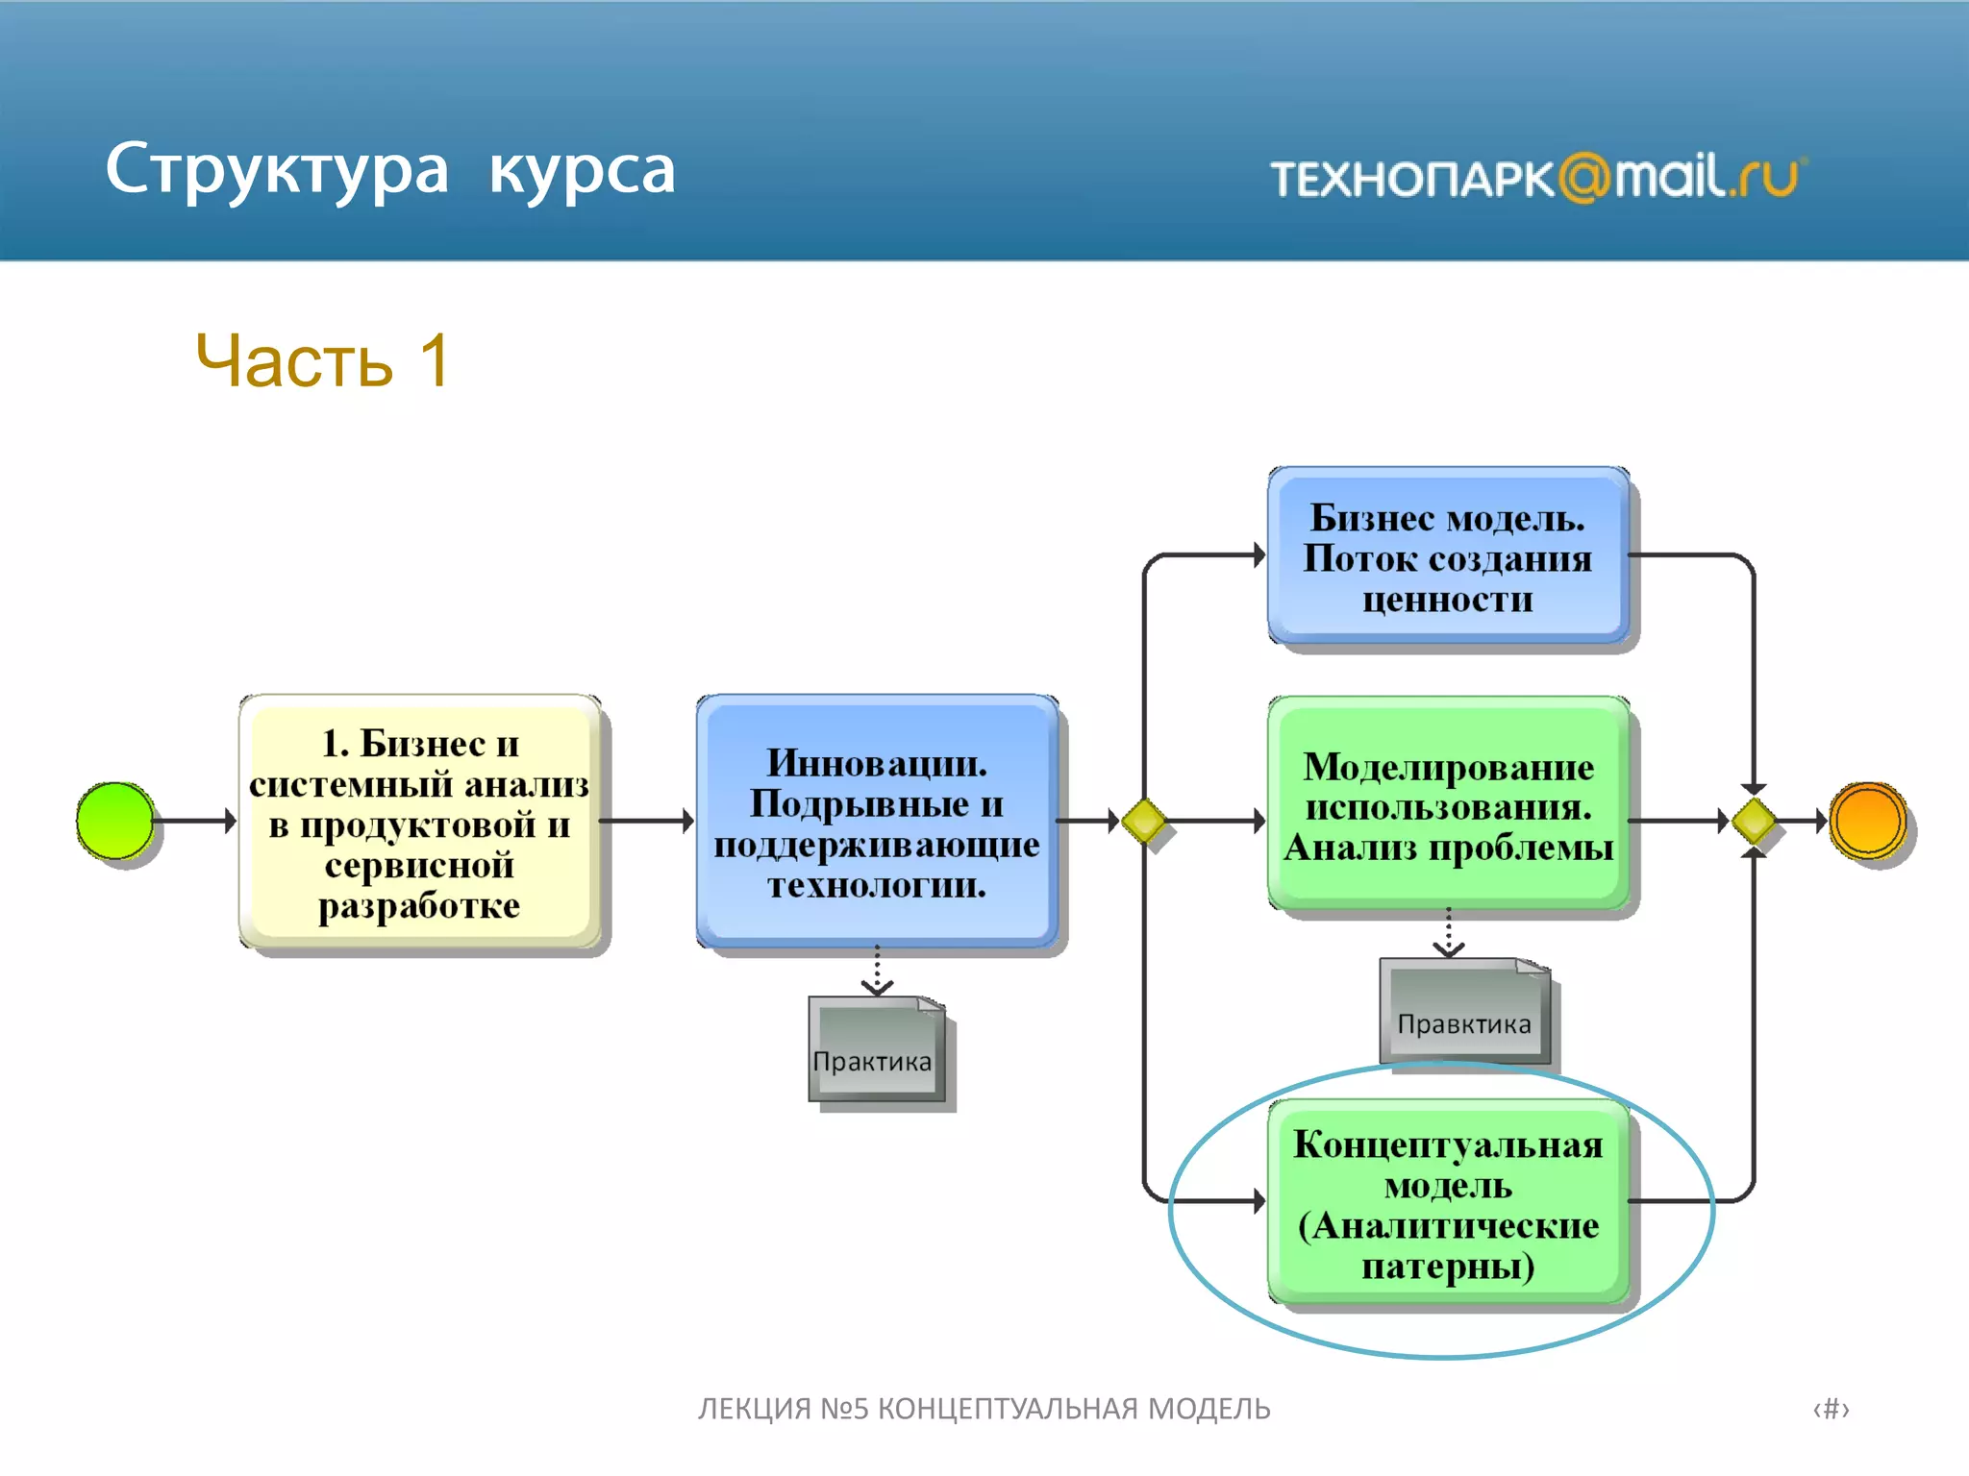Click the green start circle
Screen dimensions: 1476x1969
(x=115, y=821)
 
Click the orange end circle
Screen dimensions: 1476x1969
(x=1868, y=821)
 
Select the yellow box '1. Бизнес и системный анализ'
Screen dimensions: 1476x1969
(x=420, y=823)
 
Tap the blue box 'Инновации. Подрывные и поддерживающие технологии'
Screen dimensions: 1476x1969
(x=877, y=823)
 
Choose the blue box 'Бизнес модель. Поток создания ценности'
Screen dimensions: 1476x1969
(x=1448, y=556)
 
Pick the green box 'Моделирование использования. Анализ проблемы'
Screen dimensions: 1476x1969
(x=1448, y=805)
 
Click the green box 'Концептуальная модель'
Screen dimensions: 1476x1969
(x=1448, y=1203)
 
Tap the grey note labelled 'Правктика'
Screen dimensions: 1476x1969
(x=1464, y=1013)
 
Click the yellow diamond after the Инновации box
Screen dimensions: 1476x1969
(x=1144, y=822)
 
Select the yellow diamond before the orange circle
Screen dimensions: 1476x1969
(x=1754, y=822)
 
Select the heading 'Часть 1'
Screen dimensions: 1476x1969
(x=323, y=361)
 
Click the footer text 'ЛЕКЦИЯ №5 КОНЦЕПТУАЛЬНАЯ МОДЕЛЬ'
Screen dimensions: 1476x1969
(x=984, y=1409)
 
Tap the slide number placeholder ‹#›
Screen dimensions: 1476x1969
(x=1831, y=1409)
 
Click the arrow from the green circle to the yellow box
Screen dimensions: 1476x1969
(x=194, y=821)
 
